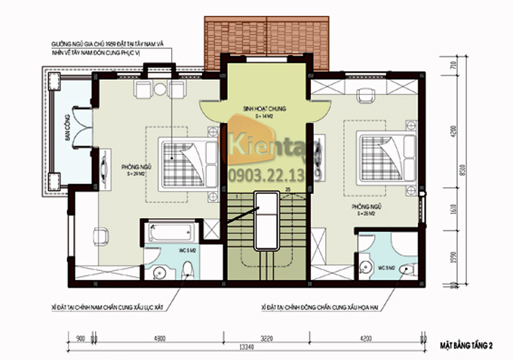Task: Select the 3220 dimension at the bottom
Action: (268, 339)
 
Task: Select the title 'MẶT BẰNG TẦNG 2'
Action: (467, 346)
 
